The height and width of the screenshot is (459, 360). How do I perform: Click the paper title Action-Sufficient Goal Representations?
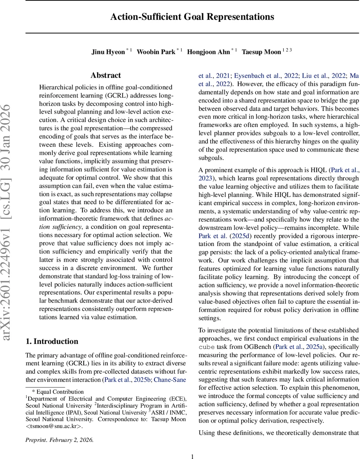tap(192, 17)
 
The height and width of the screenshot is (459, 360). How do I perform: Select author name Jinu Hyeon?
tap(108, 52)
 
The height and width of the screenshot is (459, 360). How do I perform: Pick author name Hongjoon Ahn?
tap(209, 52)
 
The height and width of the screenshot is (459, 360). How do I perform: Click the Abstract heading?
tap(106, 75)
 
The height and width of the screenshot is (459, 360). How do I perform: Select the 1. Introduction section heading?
tap(52, 342)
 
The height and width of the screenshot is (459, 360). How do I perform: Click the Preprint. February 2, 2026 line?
tap(59, 440)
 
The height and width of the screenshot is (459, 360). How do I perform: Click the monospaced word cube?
tap(209, 347)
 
